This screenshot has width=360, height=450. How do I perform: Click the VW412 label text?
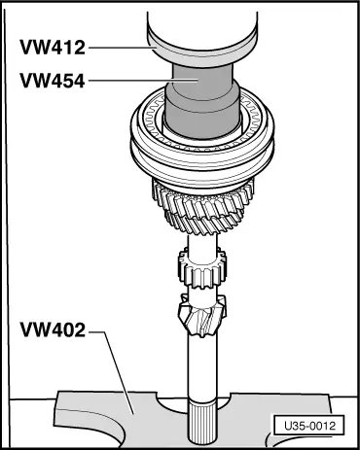click(56, 45)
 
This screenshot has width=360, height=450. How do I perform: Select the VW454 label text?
click(56, 82)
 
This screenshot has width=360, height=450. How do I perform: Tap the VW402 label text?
click(54, 329)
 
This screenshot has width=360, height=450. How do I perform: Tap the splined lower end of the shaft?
click(205, 423)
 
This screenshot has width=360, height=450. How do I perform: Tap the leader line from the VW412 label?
click(122, 45)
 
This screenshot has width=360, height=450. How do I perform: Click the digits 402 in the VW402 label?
click(67, 329)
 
